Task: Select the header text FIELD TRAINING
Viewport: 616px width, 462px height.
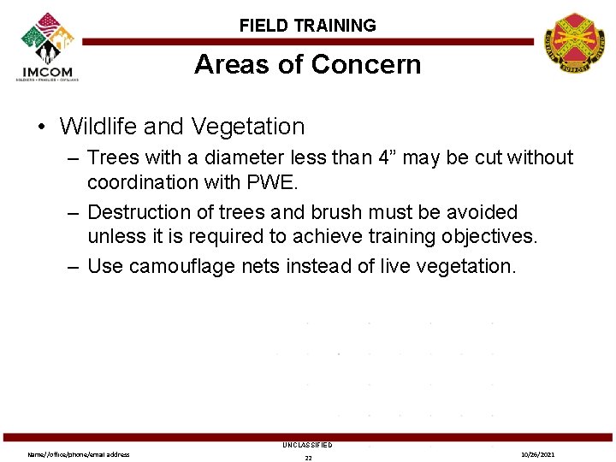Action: (x=307, y=26)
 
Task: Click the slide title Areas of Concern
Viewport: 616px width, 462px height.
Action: (x=307, y=65)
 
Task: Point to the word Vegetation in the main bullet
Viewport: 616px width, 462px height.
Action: (x=248, y=127)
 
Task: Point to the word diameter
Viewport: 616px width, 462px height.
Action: (x=243, y=158)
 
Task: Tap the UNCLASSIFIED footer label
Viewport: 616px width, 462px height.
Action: (x=307, y=445)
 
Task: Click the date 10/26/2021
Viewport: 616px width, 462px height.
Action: (x=539, y=454)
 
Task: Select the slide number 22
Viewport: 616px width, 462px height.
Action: (x=308, y=458)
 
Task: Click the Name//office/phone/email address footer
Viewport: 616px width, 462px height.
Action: (x=79, y=454)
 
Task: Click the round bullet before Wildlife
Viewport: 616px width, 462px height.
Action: (x=41, y=127)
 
